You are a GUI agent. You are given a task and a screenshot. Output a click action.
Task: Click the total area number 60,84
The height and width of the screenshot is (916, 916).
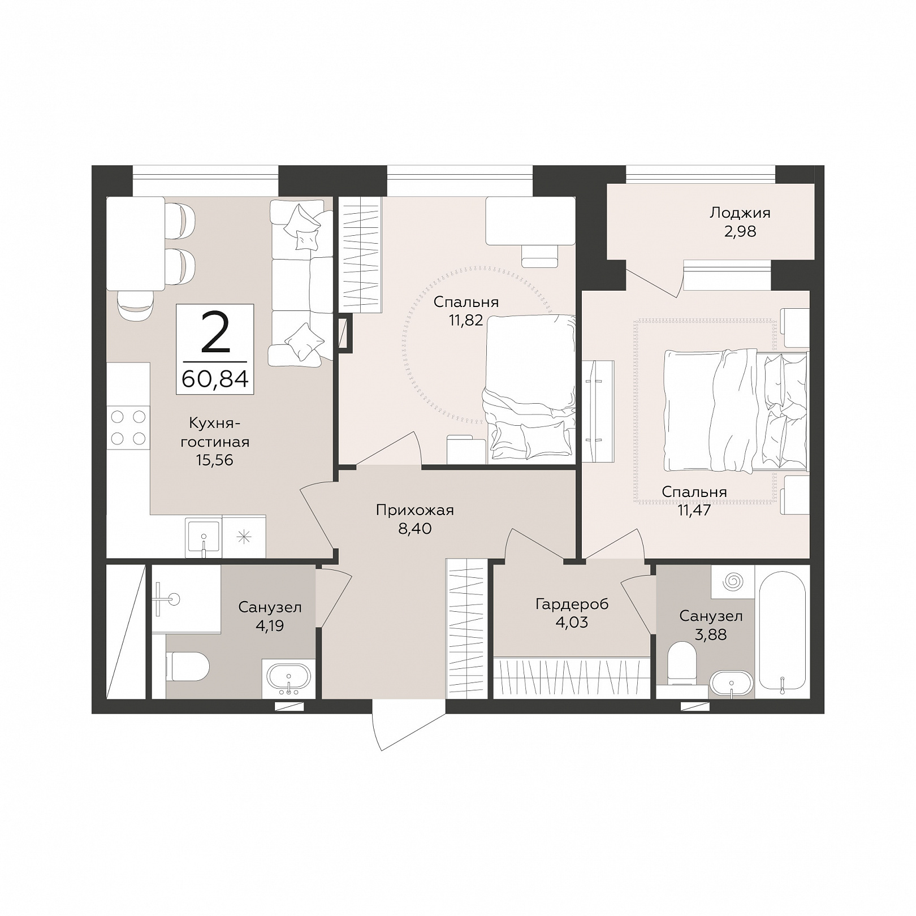click(215, 378)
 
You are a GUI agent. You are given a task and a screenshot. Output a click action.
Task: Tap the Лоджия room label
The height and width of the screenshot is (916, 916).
click(740, 213)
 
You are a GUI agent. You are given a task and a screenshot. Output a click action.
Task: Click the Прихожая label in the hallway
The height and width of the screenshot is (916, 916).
click(415, 511)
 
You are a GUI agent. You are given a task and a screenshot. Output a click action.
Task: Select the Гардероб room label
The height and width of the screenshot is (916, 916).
click(572, 604)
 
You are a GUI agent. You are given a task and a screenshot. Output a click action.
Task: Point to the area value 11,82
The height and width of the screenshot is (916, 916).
click(466, 321)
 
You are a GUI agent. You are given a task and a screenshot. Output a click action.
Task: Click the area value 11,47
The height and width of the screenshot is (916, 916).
click(694, 511)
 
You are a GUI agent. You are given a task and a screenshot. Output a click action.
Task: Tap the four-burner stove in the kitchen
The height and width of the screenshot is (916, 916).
click(128, 427)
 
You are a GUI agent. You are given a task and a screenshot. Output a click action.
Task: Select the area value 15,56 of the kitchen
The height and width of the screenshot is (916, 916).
click(215, 460)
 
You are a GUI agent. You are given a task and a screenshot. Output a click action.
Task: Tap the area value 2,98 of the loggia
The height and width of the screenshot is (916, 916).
click(740, 231)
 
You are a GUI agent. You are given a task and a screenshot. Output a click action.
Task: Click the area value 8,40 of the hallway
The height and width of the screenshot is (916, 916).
click(415, 529)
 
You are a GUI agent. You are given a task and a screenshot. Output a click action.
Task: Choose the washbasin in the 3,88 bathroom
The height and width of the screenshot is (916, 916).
click(732, 684)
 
